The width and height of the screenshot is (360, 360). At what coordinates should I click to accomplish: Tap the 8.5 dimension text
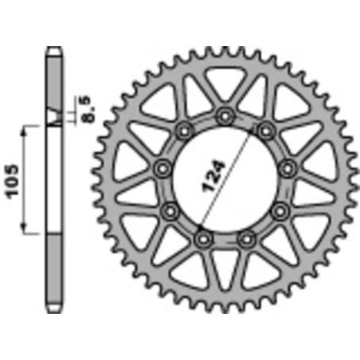(84, 107)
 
